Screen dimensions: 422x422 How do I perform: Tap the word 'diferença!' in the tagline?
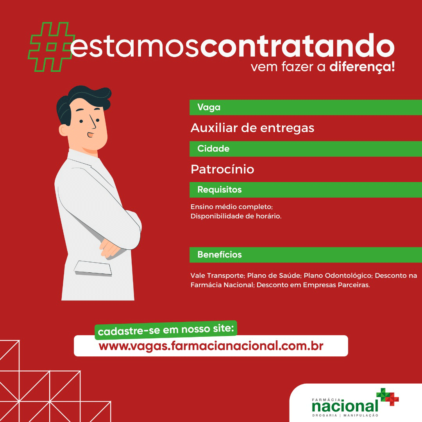362,67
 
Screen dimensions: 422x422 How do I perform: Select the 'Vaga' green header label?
209,107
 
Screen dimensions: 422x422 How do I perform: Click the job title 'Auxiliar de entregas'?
252,128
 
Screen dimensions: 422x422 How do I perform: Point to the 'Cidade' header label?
213,148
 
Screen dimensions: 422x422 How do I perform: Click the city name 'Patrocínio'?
222,169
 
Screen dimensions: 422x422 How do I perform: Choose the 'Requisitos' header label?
220,190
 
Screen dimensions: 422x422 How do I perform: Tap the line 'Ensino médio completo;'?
232,207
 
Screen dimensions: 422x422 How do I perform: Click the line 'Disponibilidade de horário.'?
236,216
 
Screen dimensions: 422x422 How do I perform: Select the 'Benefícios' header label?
220,255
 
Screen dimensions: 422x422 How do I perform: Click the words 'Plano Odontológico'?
338,275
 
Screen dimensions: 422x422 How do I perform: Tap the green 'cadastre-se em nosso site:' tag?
166,330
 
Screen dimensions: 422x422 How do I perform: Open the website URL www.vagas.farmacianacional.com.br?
211,346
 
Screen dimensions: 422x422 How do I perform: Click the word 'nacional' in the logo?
345,406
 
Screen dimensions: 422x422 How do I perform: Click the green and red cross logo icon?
388,397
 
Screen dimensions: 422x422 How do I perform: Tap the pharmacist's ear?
63,130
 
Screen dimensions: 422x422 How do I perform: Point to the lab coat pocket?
93,268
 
